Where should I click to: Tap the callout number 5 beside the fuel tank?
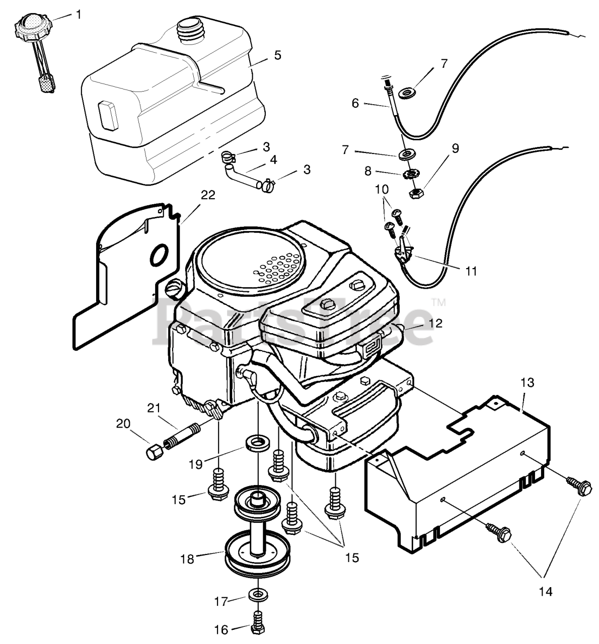point(277,55)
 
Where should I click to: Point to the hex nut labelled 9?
point(415,194)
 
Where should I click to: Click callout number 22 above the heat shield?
point(208,195)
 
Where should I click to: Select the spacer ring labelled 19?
point(257,444)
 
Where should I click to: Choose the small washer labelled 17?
point(258,595)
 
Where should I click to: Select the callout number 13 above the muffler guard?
point(528,382)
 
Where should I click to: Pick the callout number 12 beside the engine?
point(435,323)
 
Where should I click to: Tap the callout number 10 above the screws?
point(382,189)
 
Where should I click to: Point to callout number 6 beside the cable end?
point(355,103)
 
